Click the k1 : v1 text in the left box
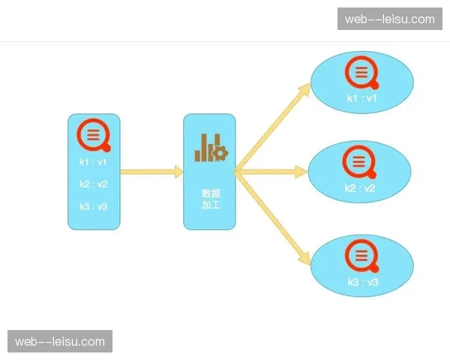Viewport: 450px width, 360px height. pos(94,161)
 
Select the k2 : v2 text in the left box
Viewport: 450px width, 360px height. pos(94,184)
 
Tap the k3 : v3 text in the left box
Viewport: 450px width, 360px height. pos(94,206)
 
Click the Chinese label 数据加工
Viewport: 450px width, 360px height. pos(210,198)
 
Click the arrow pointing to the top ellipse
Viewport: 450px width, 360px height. pos(273,128)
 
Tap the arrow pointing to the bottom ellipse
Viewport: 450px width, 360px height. pos(273,217)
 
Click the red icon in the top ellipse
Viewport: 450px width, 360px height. pos(361,73)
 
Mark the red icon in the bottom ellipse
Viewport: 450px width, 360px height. pos(361,256)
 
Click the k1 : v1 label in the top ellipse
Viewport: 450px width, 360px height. pos(362,98)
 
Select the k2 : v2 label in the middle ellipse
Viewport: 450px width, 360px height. pos(360,187)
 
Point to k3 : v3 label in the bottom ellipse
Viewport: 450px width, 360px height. pos(362,282)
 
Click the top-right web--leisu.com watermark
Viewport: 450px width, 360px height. pos(389,19)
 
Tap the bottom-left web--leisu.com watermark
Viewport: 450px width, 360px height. pos(60,341)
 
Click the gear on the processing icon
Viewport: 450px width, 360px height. pos(220,153)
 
